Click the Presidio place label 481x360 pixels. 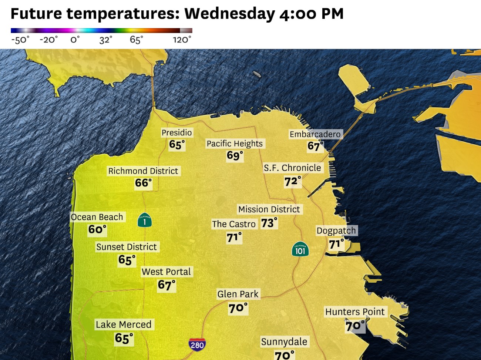tap(176, 132)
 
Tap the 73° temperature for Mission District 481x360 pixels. tap(269, 223)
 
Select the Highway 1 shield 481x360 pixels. tap(144, 220)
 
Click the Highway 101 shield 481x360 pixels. tap(300, 249)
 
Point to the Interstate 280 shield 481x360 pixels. tap(197, 344)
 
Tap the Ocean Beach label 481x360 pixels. tap(97, 217)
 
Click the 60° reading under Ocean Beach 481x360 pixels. tap(97, 230)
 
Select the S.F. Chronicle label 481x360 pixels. tap(292, 168)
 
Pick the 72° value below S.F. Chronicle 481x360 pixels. tap(292, 181)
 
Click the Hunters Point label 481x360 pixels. tap(355, 312)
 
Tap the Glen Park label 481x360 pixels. tap(238, 294)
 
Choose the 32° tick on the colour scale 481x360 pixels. tap(105, 40)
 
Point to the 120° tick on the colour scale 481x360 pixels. tap(182, 40)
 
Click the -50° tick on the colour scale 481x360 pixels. tap(20, 40)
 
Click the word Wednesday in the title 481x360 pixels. tap(229, 14)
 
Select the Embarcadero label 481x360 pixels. tap(315, 134)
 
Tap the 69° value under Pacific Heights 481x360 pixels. tap(235, 156)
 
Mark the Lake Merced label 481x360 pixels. tap(124, 324)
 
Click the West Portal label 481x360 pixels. tap(166, 272)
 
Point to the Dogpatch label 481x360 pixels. tap(336, 231)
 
